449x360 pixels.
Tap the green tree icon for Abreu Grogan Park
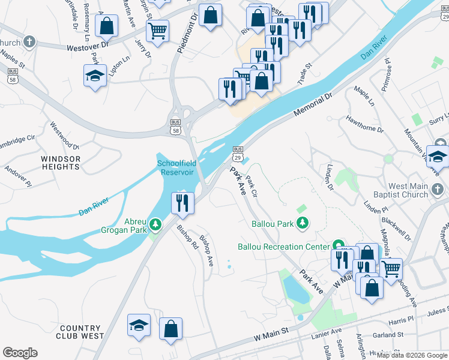point(156,224)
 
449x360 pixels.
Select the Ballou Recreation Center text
point(283,247)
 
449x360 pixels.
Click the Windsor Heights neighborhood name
point(61,163)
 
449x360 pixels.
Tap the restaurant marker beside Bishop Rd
point(182,202)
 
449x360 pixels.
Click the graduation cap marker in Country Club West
point(139,326)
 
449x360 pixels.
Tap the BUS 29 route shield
point(238,153)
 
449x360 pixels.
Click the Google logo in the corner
point(20,353)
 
